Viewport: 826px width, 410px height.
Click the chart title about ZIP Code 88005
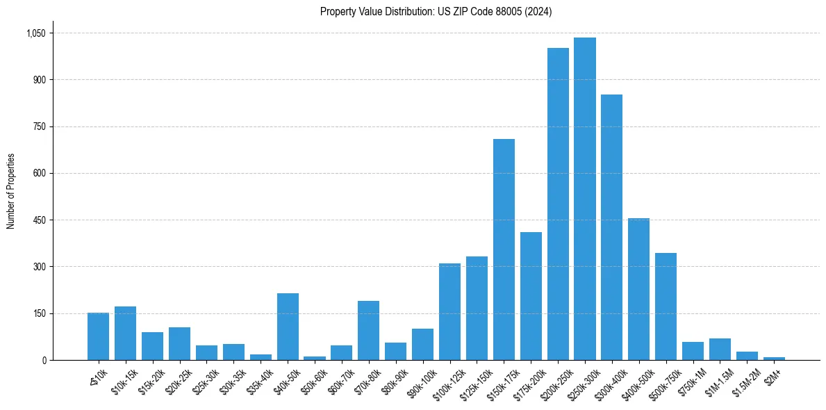click(436, 12)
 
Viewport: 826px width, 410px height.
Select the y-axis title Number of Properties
click(10, 191)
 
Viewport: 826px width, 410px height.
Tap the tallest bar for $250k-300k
click(585, 199)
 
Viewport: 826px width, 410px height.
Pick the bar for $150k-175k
click(504, 249)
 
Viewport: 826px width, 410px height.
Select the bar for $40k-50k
click(288, 327)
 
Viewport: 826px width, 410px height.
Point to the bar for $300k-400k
click(611, 227)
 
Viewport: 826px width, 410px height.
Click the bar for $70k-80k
click(368, 330)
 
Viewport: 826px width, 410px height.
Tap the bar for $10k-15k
click(125, 333)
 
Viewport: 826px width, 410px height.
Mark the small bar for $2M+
click(774, 359)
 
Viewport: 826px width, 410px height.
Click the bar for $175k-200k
click(531, 296)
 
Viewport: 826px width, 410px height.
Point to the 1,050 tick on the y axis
click(35, 33)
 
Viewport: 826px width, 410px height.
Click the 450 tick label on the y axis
click(39, 220)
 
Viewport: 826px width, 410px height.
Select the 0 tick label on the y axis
click(44, 361)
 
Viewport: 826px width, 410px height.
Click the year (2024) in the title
click(538, 12)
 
